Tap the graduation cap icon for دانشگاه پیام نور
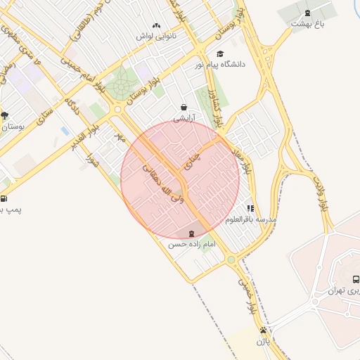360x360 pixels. click(x=220, y=54)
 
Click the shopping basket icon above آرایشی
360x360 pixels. click(x=184, y=108)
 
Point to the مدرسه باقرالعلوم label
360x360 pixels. click(x=251, y=219)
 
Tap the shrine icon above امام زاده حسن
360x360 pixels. click(x=192, y=233)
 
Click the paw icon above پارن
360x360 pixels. click(x=263, y=330)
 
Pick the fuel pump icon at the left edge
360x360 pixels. click(x=4, y=198)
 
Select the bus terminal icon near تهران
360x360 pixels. click(x=355, y=279)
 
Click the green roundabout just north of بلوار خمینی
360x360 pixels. click(x=231, y=260)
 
